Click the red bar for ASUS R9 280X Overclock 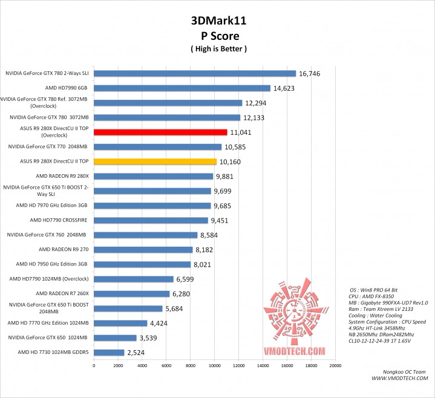click(160, 132)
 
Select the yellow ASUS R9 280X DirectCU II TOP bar click(155, 161)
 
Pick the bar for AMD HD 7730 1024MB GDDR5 click(109, 352)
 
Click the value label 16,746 click(309, 74)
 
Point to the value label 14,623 click(284, 88)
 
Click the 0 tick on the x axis click(94, 365)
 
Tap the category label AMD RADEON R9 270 click(64, 249)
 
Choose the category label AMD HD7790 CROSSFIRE click(59, 220)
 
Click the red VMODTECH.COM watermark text click(295, 351)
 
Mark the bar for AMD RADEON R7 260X click(131, 293)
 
